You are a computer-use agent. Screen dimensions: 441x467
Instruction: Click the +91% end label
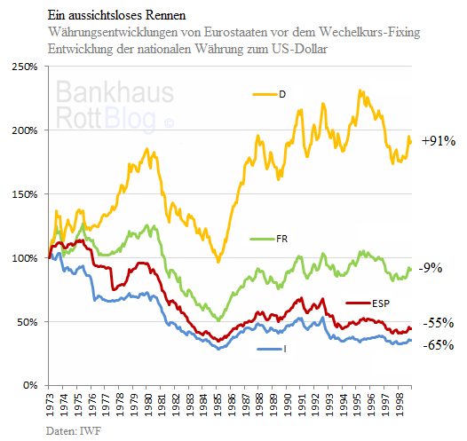point(438,141)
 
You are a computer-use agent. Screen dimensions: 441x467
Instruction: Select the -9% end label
point(431,267)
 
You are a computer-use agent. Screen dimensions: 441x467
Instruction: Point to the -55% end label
point(437,324)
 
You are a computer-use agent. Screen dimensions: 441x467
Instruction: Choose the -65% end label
point(437,345)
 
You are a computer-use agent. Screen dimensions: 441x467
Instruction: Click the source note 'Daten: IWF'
point(74,430)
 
